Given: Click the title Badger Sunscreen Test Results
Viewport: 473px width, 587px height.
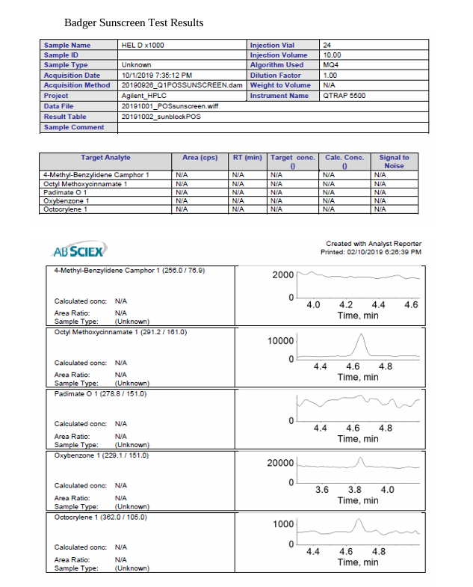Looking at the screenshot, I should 134,23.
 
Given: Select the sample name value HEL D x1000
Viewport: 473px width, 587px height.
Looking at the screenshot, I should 143,45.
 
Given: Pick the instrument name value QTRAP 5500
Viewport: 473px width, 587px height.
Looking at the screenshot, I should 344,96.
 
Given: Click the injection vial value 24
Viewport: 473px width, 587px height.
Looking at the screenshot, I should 327,45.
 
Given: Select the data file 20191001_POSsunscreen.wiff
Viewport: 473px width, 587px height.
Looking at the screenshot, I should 170,106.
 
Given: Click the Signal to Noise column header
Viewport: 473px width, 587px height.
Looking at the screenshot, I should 394,162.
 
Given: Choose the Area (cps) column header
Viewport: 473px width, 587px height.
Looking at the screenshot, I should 200,158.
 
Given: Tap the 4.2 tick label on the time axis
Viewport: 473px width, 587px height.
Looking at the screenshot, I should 346,304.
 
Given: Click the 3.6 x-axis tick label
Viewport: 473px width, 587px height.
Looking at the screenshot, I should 322,489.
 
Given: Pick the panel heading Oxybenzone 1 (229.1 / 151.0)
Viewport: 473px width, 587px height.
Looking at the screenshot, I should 101,455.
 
